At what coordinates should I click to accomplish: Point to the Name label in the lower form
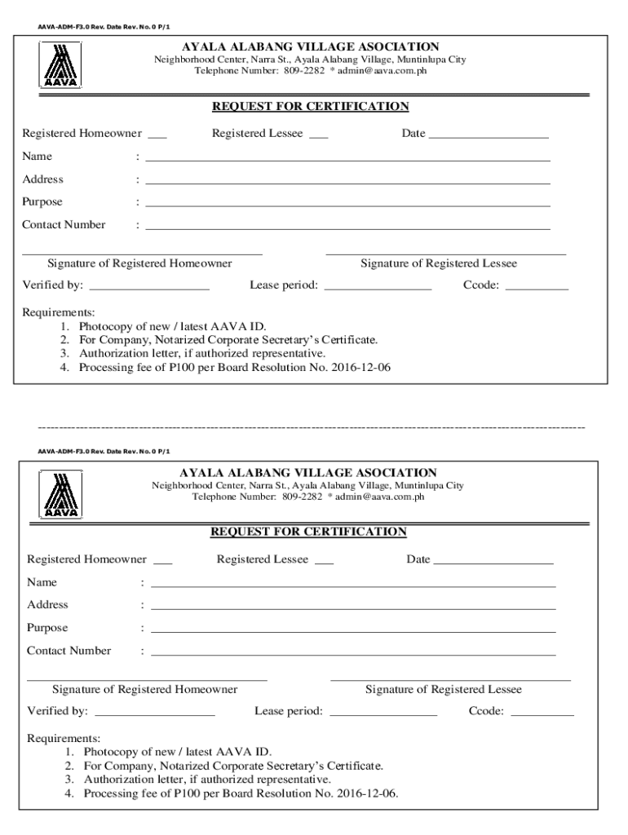tap(42, 582)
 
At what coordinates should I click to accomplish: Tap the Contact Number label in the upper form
tap(64, 225)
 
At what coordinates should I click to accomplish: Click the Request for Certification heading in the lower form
tap(308, 532)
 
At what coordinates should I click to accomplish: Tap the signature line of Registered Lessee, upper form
tap(445, 254)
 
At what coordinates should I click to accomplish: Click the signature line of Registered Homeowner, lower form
tap(147, 679)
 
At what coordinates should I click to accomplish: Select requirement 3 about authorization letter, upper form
tap(201, 354)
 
